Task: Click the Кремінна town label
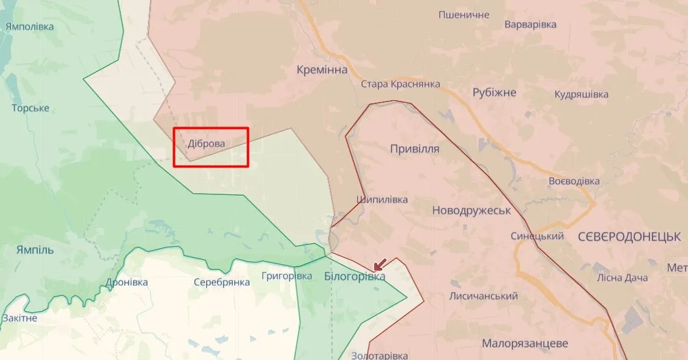(x=322, y=70)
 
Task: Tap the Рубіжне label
(x=494, y=92)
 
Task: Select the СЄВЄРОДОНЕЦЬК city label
(x=629, y=237)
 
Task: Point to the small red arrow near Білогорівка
(x=380, y=264)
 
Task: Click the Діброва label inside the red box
(x=207, y=144)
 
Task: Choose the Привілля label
(x=415, y=149)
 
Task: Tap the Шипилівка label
(x=382, y=200)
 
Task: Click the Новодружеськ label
(x=471, y=210)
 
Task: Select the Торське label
(x=31, y=108)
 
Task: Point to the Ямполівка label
(x=29, y=26)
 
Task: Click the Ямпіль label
(x=35, y=249)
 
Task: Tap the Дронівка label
(x=127, y=282)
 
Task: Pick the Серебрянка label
(x=221, y=282)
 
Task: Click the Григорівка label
(x=287, y=276)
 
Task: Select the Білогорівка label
(x=355, y=277)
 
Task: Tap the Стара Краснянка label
(x=401, y=84)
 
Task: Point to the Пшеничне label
(x=464, y=14)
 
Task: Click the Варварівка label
(x=530, y=24)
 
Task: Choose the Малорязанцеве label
(x=525, y=343)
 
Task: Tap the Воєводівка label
(x=574, y=181)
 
